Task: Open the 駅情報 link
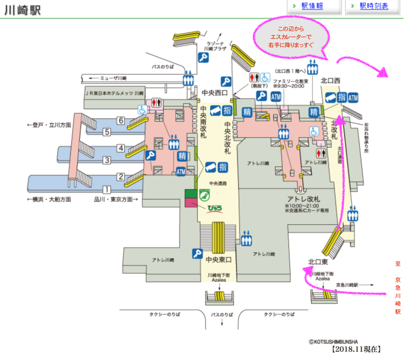312,6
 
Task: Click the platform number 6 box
120,120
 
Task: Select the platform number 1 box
106,190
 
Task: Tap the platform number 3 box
106,160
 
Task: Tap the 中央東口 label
218,259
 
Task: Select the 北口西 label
330,81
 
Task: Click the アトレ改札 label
303,199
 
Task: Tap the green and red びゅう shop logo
214,209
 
